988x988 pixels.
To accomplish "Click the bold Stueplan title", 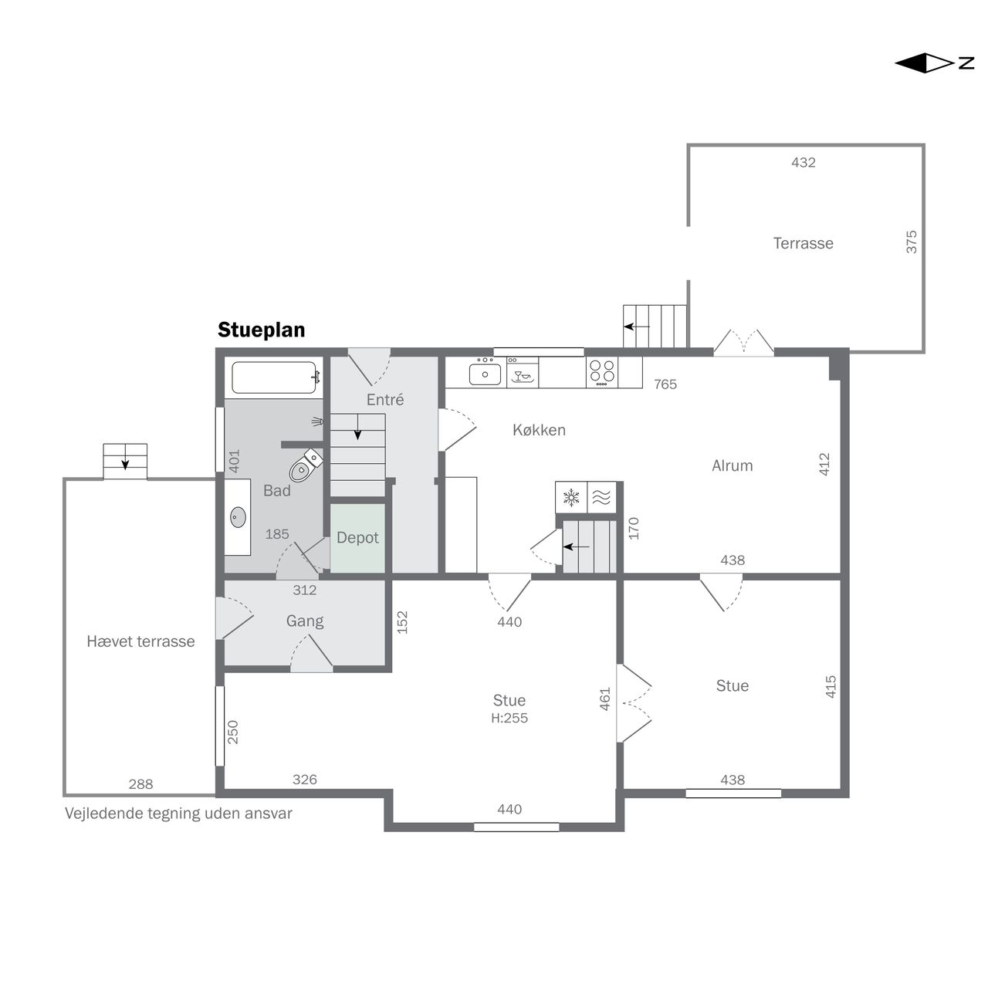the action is (x=261, y=330).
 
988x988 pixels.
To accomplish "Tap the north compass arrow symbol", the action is (x=934, y=63).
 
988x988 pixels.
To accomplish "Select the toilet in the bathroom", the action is (x=306, y=464).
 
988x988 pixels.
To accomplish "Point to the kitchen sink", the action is (x=485, y=374).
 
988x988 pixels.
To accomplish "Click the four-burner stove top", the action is (x=602, y=372).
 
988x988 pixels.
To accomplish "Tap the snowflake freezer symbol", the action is (x=570, y=497).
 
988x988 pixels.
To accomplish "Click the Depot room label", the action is (x=357, y=537).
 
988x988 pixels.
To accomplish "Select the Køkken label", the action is (x=539, y=430).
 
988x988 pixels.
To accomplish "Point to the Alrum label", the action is (x=733, y=465).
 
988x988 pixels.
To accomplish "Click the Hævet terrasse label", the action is (x=140, y=641).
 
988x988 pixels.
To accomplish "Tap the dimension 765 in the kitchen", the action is (x=665, y=384).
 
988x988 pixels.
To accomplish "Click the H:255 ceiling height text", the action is (x=509, y=718).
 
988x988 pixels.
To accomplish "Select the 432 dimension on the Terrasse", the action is (x=803, y=163).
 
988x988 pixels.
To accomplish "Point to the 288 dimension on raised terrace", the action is (x=140, y=784).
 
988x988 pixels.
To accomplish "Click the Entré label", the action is (x=385, y=399).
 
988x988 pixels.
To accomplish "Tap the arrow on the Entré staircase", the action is (x=358, y=427).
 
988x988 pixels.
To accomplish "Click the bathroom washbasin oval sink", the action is (x=238, y=517).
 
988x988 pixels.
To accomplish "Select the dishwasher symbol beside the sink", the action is (x=523, y=374).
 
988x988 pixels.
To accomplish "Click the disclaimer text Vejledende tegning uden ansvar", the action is (x=178, y=813).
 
